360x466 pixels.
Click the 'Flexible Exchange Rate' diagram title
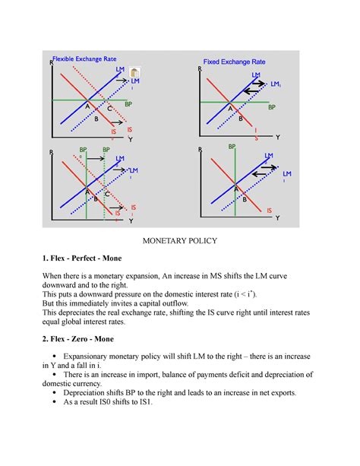coord(85,58)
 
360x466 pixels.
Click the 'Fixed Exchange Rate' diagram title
coord(234,62)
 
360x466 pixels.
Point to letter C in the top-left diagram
coord(109,109)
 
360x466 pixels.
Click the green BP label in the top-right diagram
coord(271,108)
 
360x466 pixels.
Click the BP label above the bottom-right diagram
coord(232,145)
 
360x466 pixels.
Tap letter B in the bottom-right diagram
coord(245,199)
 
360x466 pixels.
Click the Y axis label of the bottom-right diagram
coord(277,218)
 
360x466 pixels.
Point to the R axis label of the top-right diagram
coord(200,69)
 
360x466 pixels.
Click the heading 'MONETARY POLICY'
coord(180,240)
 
